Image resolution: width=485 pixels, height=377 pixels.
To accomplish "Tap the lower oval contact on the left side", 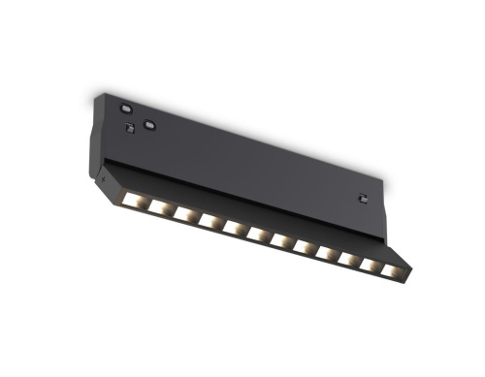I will point(148,124).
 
